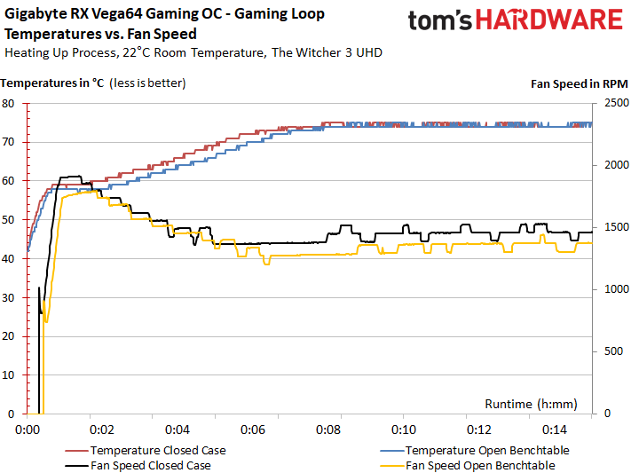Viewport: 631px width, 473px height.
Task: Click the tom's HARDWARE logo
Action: (516, 22)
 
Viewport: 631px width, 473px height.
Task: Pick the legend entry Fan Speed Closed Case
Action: (141, 465)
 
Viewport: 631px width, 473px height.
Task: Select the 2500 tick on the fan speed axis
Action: (615, 103)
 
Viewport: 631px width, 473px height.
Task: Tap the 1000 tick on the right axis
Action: (615, 289)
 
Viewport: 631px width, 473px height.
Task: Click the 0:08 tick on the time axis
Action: (328, 430)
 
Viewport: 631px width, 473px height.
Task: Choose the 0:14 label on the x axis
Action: (554, 430)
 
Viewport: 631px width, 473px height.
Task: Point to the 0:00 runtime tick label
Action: (28, 430)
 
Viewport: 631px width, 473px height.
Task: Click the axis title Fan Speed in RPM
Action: (579, 84)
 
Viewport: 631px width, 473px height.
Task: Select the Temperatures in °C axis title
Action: (53, 84)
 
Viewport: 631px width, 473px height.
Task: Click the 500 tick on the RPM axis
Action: (611, 351)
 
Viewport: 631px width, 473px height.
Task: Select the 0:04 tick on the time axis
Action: (178, 430)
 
